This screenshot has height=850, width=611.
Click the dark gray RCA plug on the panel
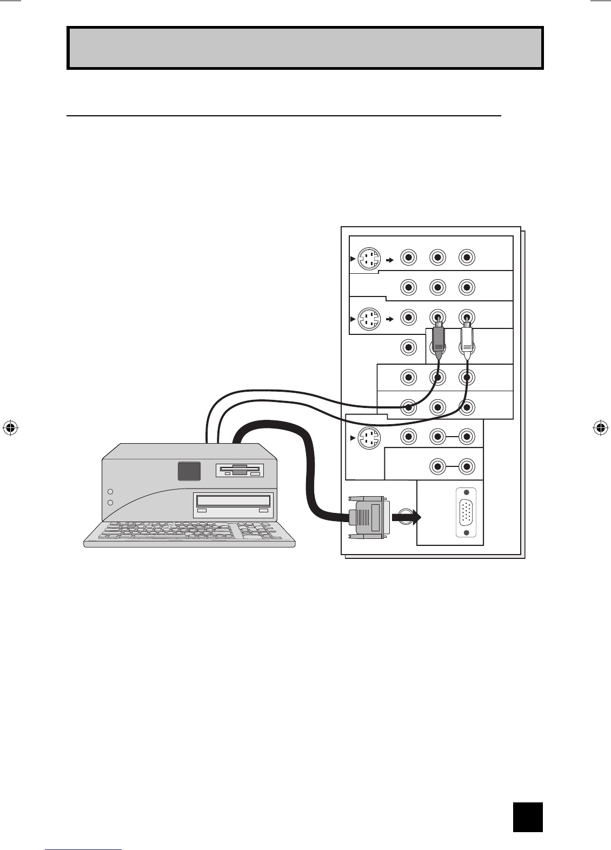click(x=439, y=341)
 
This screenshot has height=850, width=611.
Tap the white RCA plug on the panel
click(x=467, y=341)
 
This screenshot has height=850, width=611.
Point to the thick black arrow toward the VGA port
click(x=406, y=518)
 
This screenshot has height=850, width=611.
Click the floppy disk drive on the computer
click(x=240, y=470)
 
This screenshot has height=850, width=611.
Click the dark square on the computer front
click(x=189, y=471)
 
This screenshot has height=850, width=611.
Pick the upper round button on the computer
click(x=110, y=492)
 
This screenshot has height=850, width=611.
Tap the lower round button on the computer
click(x=110, y=503)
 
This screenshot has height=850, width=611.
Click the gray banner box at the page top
click(x=305, y=48)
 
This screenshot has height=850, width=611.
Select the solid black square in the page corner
click(x=527, y=816)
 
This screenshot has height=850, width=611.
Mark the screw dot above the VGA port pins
click(x=466, y=493)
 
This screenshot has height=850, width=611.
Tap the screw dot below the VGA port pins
click(x=466, y=533)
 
